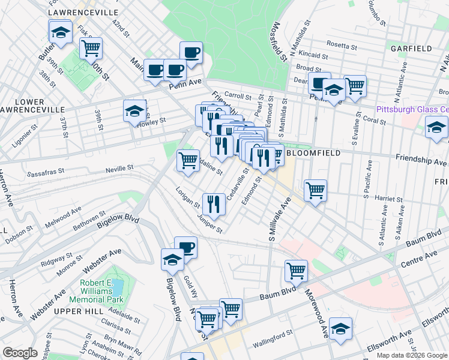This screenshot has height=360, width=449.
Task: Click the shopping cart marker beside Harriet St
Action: pos(315,190)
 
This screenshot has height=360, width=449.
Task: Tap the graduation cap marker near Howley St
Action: pos(135,110)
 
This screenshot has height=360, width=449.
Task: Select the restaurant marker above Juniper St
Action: pos(214,203)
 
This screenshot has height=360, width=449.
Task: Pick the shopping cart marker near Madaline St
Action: pos(188,160)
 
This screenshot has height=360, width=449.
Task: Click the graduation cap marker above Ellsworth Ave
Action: pos(340,328)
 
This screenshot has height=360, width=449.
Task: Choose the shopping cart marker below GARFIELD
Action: pos(355,86)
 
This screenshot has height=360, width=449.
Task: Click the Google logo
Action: pos(20,353)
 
